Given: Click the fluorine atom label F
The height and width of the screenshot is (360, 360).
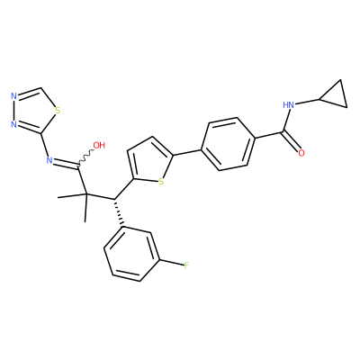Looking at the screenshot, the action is [186, 265].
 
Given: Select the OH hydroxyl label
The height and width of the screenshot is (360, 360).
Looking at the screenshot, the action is [99, 145].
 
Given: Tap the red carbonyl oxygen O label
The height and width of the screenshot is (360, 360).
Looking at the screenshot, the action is [301, 153].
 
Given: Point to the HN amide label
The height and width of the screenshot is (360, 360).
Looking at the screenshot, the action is [289, 104].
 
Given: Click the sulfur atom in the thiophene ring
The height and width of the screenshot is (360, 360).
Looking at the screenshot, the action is [161, 182].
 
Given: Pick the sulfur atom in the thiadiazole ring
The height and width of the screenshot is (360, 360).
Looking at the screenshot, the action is [58, 111].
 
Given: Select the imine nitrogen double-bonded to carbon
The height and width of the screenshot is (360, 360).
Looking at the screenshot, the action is [49, 160].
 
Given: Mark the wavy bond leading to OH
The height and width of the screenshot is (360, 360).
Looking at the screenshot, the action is [86, 157].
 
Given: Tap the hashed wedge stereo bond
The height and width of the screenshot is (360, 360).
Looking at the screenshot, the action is [118, 211].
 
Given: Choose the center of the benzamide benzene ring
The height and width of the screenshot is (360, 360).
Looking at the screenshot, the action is [228, 144].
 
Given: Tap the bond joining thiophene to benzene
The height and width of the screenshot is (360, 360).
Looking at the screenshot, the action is [187, 152].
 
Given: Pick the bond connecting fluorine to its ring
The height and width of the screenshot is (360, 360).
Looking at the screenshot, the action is [173, 262].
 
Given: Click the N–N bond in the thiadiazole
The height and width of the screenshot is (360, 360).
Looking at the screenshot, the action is [13, 111].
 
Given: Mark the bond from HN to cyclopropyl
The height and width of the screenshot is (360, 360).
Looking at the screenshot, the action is [308, 102].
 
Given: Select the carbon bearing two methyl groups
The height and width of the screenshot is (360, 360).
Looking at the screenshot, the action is [85, 194].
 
